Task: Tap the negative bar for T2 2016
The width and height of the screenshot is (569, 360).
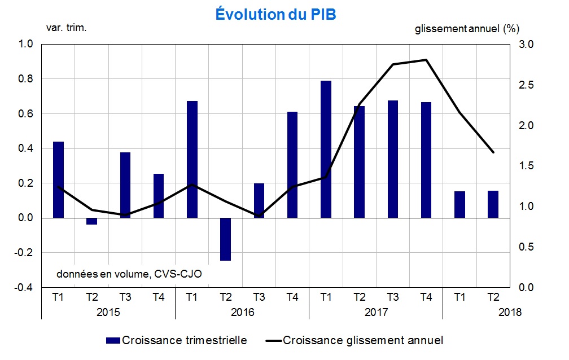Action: (226, 239)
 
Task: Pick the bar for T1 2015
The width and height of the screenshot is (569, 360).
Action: (59, 179)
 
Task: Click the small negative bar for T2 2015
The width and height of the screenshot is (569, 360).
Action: (92, 221)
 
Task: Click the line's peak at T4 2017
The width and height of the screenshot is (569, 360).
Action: (426, 60)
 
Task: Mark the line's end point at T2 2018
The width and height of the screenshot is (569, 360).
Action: (493, 152)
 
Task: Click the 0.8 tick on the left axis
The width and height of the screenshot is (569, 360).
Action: (27, 79)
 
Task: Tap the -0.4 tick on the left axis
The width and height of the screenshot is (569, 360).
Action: (26, 288)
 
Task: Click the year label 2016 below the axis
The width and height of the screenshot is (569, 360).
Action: (242, 312)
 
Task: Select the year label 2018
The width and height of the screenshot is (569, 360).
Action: (510, 312)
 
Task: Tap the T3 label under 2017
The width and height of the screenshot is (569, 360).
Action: (393, 296)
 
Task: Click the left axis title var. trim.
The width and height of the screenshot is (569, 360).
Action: (66, 27)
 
